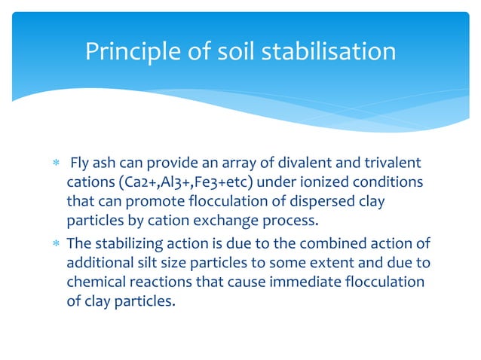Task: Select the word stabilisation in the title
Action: coord(332,51)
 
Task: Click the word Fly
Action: coord(79,164)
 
